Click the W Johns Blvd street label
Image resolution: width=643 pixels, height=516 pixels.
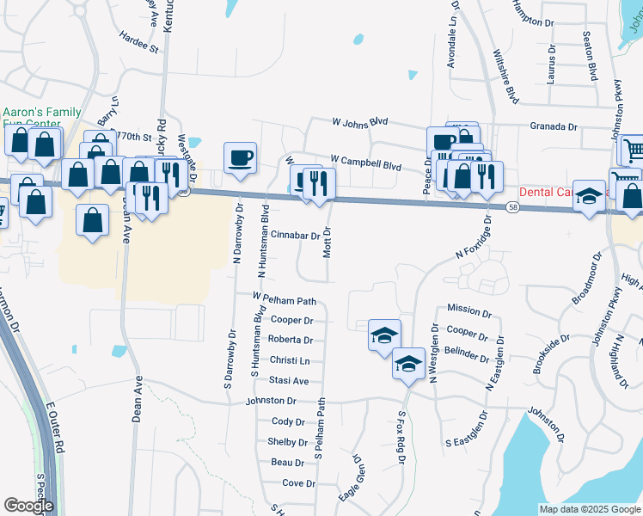(x=361, y=122)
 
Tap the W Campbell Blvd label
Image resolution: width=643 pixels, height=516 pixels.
(x=365, y=162)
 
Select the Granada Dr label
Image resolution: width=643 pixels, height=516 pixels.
(x=553, y=126)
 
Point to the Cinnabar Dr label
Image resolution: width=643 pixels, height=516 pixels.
(x=295, y=234)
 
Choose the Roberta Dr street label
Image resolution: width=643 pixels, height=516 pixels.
(x=290, y=340)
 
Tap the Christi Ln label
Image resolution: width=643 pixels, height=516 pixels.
(x=289, y=360)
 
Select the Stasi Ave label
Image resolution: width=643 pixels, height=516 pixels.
(x=289, y=380)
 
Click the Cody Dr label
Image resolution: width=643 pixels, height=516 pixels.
(x=288, y=421)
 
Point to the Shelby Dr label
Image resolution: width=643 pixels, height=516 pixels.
(x=287, y=442)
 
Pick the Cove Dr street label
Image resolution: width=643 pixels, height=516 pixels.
(x=298, y=483)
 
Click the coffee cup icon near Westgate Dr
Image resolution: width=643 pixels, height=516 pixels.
(x=240, y=158)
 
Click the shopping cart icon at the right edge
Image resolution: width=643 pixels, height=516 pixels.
(x=633, y=150)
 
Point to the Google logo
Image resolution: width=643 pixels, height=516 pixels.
(x=28, y=506)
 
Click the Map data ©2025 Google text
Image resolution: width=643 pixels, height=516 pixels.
(x=589, y=509)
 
